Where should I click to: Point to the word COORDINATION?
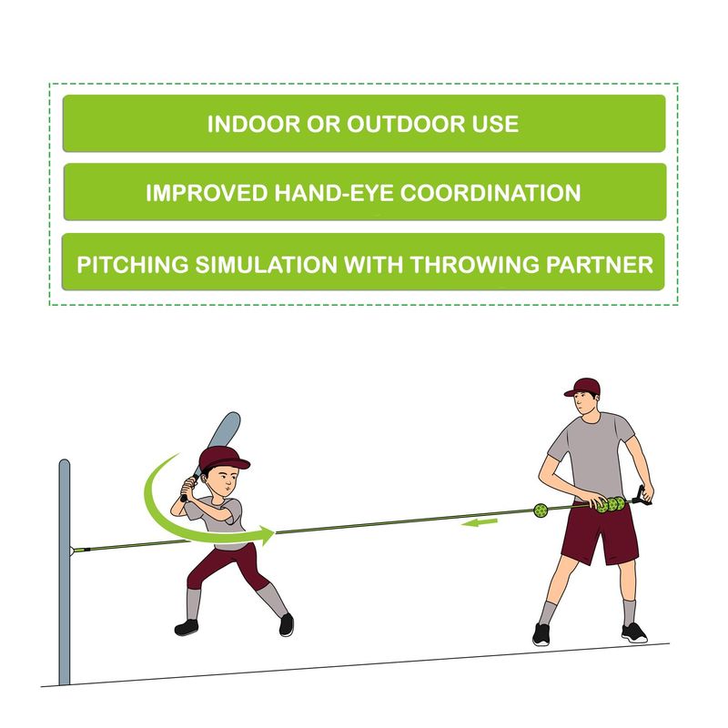click(490, 193)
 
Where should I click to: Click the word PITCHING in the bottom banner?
click(133, 265)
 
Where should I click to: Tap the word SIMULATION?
click(266, 265)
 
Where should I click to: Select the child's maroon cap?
click(223, 459)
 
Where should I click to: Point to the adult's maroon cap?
click(582, 387)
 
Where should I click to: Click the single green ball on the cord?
click(541, 511)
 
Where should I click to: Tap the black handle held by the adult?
click(642, 495)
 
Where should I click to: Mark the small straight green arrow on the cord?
click(480, 522)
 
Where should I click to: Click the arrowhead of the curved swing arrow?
click(267, 535)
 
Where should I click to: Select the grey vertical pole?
click(64, 572)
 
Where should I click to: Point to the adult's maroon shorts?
click(599, 534)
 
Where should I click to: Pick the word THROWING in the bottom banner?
click(475, 265)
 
